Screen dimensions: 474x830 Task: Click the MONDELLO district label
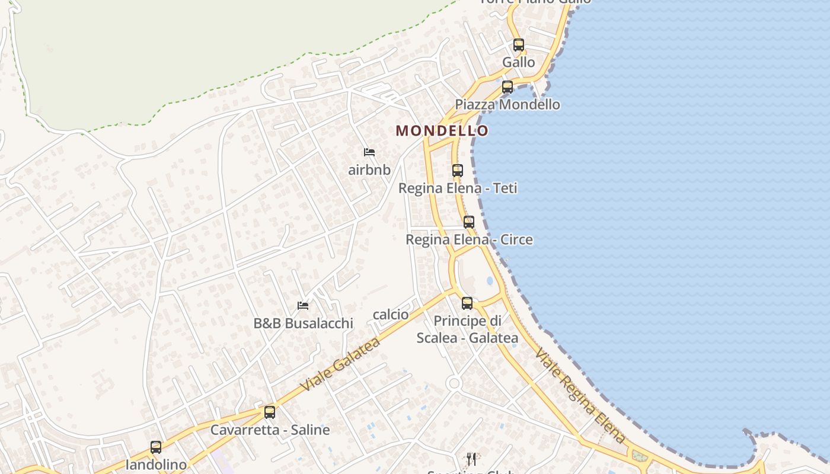click(442, 130)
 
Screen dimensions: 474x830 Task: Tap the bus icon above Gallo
click(519, 44)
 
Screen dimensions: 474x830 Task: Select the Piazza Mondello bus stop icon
click(507, 87)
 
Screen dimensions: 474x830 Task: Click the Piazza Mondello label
click(507, 105)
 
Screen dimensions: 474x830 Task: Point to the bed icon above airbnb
click(369, 152)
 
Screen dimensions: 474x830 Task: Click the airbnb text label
click(369, 170)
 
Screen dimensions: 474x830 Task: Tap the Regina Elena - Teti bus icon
click(458, 171)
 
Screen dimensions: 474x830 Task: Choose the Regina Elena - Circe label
click(469, 240)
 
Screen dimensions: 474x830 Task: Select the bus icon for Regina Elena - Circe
click(469, 222)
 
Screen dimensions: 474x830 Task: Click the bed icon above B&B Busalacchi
click(303, 306)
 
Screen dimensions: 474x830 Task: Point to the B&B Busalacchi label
click(303, 324)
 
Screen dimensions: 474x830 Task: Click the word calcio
click(391, 315)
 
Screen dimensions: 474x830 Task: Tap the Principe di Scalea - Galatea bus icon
click(467, 303)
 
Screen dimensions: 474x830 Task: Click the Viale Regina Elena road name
click(580, 396)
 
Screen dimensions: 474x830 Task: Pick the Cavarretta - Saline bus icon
click(270, 412)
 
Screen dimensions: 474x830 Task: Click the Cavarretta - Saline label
click(270, 430)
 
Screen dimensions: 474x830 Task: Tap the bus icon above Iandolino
click(156, 447)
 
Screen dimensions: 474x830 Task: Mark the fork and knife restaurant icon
click(471, 459)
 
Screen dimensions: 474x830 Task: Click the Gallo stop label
click(519, 62)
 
